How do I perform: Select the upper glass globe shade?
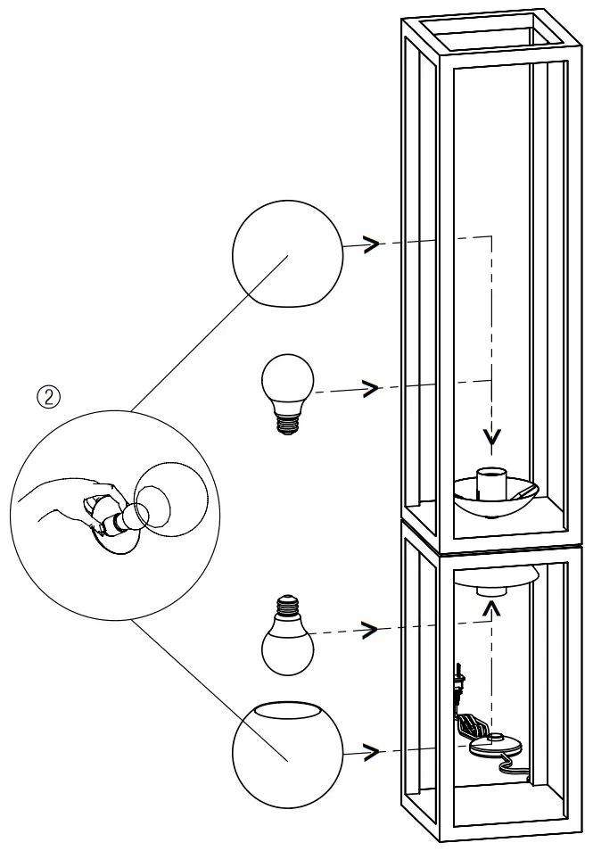click(x=286, y=254)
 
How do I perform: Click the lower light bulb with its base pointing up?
click(x=286, y=636)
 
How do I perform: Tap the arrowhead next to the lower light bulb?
click(x=368, y=629)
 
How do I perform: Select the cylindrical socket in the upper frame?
click(x=491, y=482)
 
